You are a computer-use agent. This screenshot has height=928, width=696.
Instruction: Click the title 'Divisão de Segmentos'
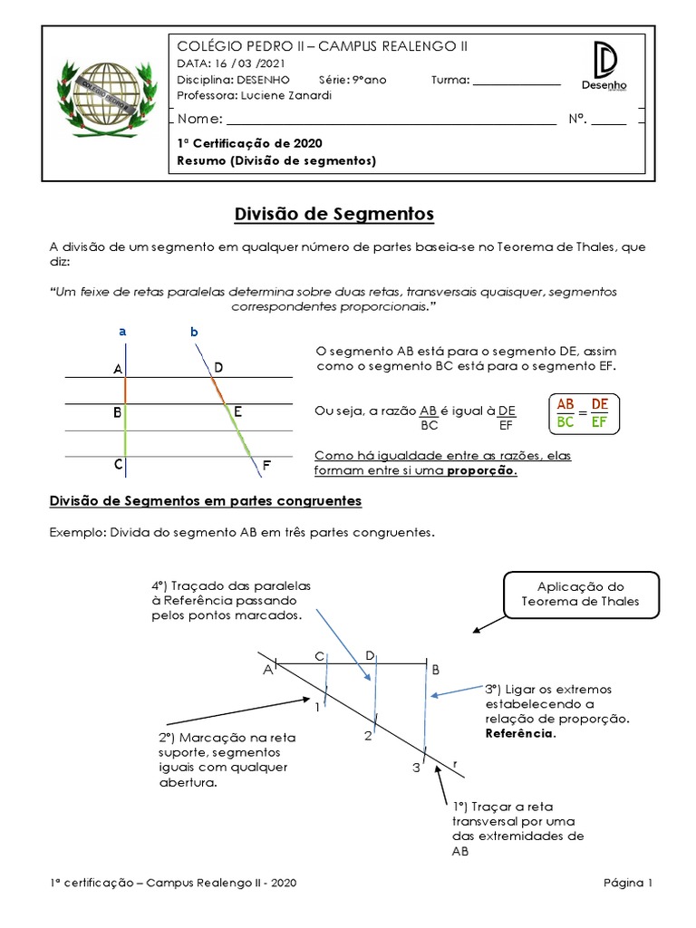pos(334,214)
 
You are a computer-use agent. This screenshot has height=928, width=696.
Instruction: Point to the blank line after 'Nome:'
pos(391,120)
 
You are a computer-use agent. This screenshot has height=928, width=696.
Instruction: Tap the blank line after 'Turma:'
pos(517,80)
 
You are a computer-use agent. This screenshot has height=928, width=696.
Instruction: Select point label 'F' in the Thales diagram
pos(266,466)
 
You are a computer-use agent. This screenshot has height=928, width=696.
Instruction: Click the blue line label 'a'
pos(122,333)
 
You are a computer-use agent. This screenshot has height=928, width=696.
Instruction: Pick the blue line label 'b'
pos(193,333)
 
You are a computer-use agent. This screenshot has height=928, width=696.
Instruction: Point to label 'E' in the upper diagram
pos(237,412)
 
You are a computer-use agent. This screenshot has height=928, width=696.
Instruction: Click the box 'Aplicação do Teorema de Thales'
pos(580,594)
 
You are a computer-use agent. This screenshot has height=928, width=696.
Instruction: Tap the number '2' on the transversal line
pos(368,736)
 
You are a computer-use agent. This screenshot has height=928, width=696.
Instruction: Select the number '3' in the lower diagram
pos(416,768)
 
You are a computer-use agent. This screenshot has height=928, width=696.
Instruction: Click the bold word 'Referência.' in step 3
pos(520,733)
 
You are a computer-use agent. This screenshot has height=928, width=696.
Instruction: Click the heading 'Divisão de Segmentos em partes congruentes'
pos(205,500)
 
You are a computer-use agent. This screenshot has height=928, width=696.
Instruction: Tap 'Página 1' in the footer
pos(628,883)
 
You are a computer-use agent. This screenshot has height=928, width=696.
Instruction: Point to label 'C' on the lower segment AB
pos(319,656)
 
